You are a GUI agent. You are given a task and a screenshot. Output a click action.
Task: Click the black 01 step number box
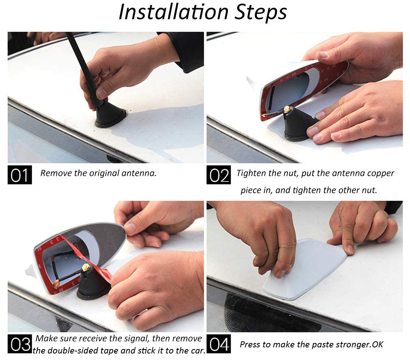pos(19,175)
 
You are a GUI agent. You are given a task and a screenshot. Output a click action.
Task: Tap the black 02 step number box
pos(218,175)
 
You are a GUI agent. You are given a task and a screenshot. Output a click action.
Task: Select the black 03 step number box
pos(19,344)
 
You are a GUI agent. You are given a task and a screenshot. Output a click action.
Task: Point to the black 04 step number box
pos(218,344)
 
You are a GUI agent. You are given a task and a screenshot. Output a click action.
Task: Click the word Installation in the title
pos(174,12)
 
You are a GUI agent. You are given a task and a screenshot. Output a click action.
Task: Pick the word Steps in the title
pos(261,13)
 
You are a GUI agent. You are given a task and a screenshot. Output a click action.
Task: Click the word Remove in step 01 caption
pos(56,173)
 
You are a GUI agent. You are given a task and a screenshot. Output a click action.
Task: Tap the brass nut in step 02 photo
pos(287,109)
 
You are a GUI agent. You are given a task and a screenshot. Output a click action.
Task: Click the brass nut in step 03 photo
pos(85,267)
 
